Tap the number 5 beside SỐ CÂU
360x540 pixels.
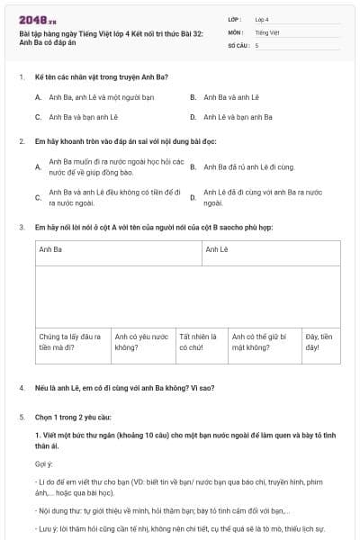[256, 44]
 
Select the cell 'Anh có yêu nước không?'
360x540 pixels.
[142, 341]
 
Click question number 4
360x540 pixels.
[21, 388]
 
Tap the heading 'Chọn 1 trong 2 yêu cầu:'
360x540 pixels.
[73, 418]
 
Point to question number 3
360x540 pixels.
[21, 228]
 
